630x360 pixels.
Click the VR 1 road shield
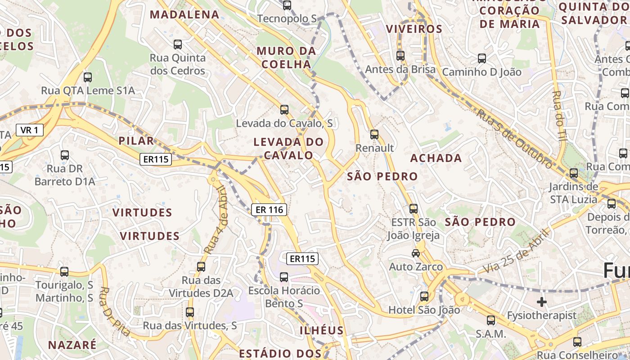(30, 130)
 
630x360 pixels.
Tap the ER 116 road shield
(269, 209)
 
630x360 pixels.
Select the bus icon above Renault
(374, 134)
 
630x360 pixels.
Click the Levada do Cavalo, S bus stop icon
(284, 109)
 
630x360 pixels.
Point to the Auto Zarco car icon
(416, 253)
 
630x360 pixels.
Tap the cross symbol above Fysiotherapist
(542, 301)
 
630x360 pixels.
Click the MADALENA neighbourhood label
(184, 14)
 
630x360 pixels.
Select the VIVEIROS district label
(414, 29)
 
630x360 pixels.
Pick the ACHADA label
(436, 158)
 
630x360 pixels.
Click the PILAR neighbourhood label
(136, 141)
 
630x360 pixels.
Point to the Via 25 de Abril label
(517, 251)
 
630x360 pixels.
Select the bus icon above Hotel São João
(424, 296)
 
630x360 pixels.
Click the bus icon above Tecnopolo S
(287, 5)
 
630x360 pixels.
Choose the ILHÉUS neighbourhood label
(321, 330)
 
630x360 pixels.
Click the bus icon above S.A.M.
(491, 320)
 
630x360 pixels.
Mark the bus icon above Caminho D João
(482, 58)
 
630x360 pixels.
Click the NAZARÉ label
(72, 345)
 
